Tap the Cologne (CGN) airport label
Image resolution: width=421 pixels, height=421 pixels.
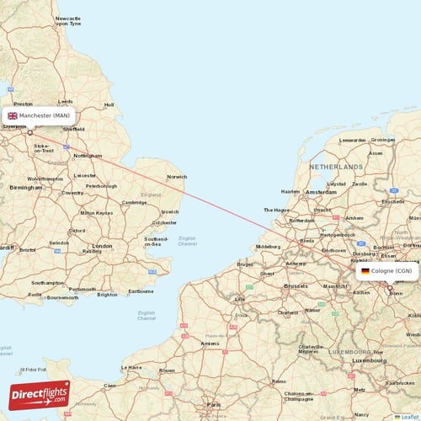pos(392,271)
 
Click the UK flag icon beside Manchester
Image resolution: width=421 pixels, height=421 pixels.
pos(13,115)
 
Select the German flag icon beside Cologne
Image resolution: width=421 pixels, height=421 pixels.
pos(365,271)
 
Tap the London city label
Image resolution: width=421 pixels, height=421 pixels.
pos(102,246)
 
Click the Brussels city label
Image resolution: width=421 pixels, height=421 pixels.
pos(296,286)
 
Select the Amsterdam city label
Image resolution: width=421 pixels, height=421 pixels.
pos(321,193)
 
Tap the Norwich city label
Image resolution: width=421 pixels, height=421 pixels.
pos(177,177)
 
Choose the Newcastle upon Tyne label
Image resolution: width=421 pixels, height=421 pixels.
pos(68,21)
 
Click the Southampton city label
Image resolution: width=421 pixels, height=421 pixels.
pos(49,283)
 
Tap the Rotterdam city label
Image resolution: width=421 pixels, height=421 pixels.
pos(301,221)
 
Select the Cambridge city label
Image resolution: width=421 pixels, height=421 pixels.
pos(134,202)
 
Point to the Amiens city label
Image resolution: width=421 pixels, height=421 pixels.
pos(209,344)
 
